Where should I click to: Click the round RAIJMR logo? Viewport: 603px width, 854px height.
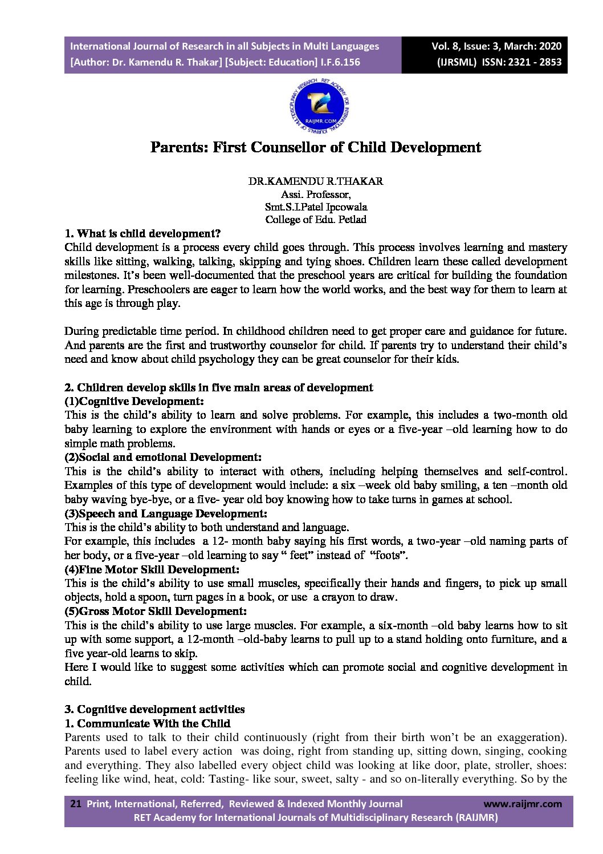pos(319,106)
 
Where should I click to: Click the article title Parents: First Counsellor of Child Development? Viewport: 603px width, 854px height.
pos(315,147)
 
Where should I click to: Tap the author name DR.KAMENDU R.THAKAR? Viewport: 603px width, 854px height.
pos(315,181)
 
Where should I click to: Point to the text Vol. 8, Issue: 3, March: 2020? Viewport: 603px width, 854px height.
pos(496,46)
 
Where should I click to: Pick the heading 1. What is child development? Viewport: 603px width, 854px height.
pos(142,233)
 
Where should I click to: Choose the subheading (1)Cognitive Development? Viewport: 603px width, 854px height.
pos(134,401)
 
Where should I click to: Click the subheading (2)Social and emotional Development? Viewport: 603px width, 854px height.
pos(163,457)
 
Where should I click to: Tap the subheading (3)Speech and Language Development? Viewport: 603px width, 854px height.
pos(166,513)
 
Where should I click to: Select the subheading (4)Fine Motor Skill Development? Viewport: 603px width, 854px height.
pos(152,569)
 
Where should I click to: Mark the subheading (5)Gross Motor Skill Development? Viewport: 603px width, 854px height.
pos(156,611)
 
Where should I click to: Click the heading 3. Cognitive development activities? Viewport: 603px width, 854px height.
pos(154,709)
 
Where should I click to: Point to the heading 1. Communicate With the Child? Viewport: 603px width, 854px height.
pos(147,723)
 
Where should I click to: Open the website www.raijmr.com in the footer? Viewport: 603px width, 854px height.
pos(522,804)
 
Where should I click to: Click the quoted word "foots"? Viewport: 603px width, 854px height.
pos(388,555)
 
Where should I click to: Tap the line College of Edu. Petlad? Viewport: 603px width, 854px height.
pos(315,220)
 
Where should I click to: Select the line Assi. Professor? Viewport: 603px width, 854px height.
pos(315,195)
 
